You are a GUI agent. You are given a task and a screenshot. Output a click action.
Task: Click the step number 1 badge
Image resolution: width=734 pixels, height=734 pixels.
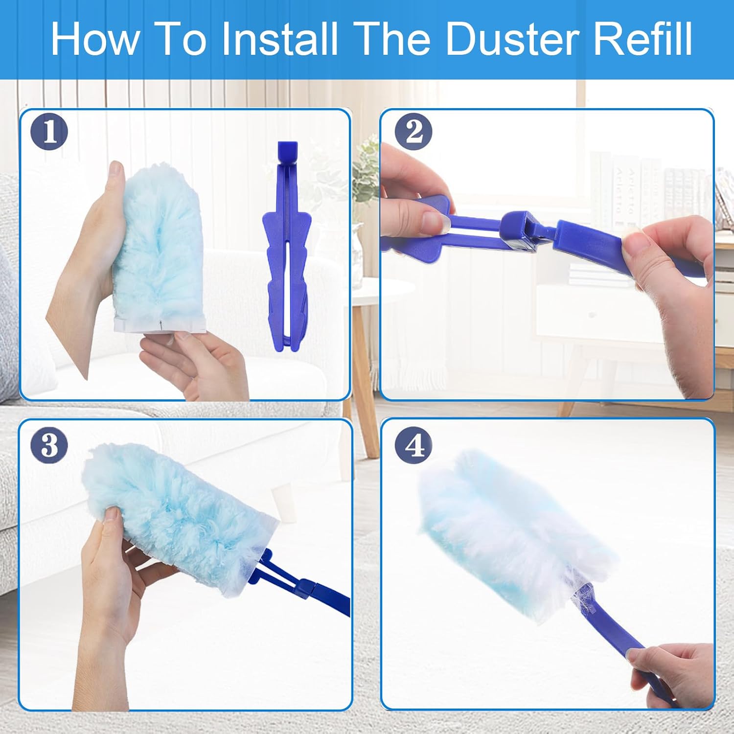[49, 132]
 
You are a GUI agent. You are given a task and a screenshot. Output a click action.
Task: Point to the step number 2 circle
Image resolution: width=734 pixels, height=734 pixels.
[414, 132]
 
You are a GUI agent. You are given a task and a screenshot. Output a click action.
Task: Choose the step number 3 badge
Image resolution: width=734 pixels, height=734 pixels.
[49, 445]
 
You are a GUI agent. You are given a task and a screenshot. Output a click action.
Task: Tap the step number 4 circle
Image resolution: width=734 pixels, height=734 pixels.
[414, 445]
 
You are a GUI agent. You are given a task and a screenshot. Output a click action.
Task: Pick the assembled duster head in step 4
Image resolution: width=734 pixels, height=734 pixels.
[514, 533]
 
